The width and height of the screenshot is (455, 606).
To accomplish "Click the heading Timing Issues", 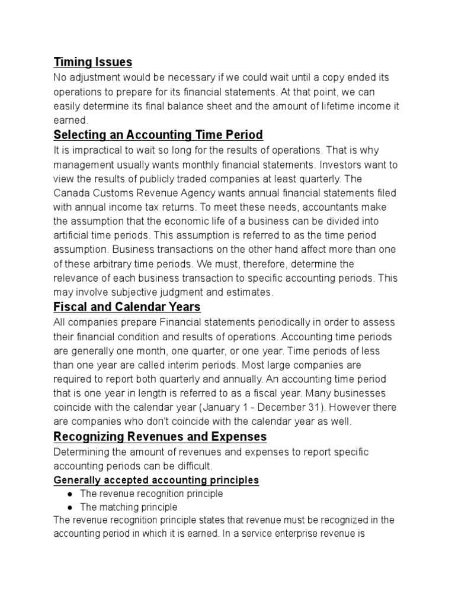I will (x=92, y=62).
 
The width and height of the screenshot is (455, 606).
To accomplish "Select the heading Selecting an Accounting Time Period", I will (x=158, y=135).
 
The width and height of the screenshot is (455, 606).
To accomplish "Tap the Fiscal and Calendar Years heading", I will (x=127, y=307).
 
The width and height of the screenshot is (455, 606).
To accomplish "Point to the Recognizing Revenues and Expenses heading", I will (x=160, y=437).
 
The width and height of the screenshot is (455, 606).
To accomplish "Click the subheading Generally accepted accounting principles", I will (x=156, y=480).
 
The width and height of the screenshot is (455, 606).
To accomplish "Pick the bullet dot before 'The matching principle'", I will (x=70, y=507).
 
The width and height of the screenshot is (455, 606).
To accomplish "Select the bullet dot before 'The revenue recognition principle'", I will (x=70, y=494).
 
